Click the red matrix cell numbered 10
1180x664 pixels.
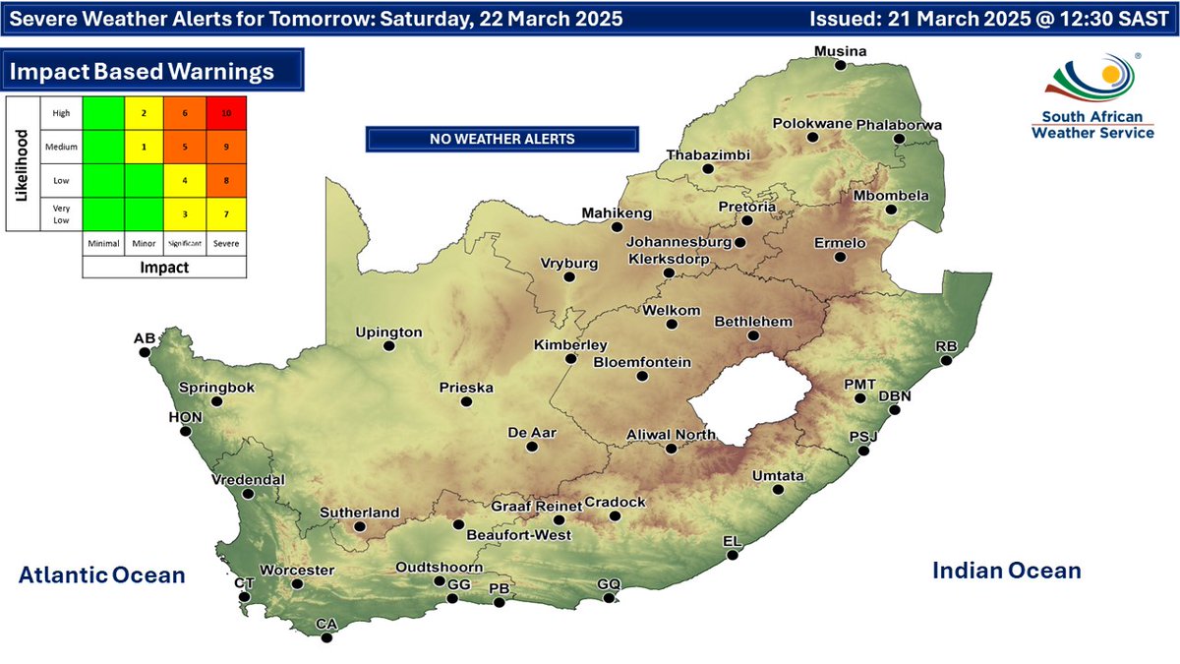[x=226, y=113]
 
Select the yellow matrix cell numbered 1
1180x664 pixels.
[x=144, y=147]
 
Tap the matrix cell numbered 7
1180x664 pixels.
[x=226, y=213]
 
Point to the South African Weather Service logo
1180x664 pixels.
[x=1092, y=96]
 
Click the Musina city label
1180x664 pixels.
[x=839, y=51]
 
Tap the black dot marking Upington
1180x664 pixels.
[x=389, y=346]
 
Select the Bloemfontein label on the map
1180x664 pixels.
[x=642, y=362]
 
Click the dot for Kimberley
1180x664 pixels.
[x=570, y=359]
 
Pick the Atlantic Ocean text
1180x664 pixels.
[x=101, y=575]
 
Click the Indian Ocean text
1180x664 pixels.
[x=1006, y=571]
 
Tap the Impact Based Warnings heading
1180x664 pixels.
[x=142, y=72]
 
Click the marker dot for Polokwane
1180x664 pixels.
[x=813, y=137]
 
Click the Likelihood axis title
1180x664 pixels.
[x=21, y=163]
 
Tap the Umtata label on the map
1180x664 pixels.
[x=778, y=476]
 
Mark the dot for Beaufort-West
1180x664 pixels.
[x=457, y=524]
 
